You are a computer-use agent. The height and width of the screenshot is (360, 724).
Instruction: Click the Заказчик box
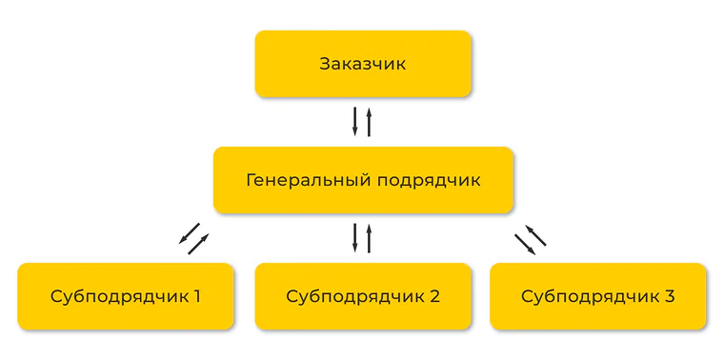(x=363, y=64)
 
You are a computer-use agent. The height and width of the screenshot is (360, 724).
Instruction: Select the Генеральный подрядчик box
(x=363, y=180)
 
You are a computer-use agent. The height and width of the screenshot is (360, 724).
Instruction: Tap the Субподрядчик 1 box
(x=126, y=296)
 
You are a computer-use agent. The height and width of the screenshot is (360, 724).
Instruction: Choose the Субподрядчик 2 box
(x=363, y=296)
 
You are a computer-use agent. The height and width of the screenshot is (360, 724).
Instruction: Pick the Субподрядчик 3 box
(x=598, y=296)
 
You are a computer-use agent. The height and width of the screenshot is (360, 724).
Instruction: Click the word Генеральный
(x=309, y=180)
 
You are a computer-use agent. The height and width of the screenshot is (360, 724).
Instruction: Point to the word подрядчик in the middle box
(x=430, y=181)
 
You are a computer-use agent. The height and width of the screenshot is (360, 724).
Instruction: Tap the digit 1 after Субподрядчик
(x=196, y=296)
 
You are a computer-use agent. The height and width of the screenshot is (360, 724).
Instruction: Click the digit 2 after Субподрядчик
(x=434, y=296)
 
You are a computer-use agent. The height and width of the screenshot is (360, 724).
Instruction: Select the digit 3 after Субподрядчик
(x=669, y=296)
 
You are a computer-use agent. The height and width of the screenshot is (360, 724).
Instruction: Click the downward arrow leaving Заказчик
(x=355, y=122)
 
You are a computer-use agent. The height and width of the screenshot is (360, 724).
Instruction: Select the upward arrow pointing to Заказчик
(x=369, y=122)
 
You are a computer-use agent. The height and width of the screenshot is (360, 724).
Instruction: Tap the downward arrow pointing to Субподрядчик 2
(x=355, y=238)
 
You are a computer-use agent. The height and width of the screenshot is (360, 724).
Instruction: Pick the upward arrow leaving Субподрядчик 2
(x=369, y=238)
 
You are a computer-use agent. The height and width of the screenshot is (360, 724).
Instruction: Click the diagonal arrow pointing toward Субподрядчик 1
(x=189, y=233)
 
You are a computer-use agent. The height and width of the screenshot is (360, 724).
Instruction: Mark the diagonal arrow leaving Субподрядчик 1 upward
(x=198, y=244)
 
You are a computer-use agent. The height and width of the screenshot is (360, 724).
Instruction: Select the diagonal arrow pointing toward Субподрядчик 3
(x=526, y=245)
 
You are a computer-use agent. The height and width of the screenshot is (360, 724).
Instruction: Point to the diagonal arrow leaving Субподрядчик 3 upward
(x=535, y=235)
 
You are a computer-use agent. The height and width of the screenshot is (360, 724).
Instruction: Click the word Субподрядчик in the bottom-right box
(x=588, y=297)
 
